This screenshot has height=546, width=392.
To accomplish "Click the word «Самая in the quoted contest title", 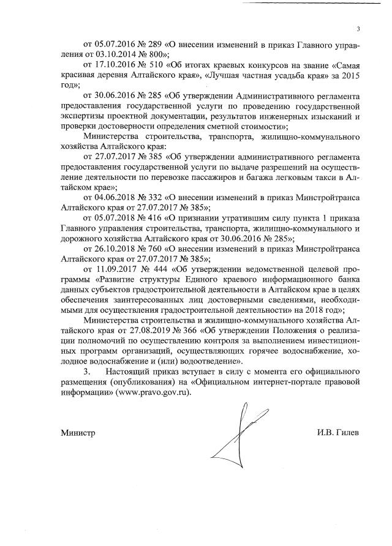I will pos(345,65).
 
